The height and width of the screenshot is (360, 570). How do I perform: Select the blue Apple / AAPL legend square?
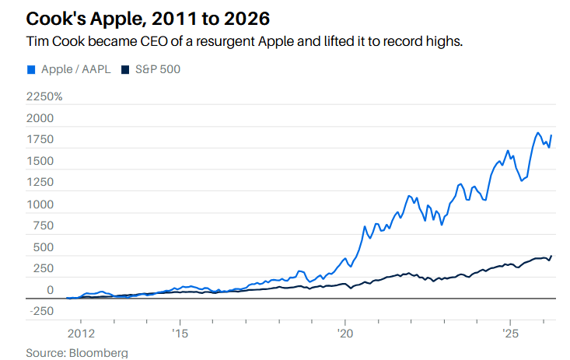pos(31,69)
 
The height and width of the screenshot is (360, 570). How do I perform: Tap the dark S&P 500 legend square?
pos(126,69)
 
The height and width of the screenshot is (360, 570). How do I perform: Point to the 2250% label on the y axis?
pos(44,97)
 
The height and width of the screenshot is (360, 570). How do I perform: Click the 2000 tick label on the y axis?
pos(40,118)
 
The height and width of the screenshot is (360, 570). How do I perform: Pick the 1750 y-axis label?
pos(40,140)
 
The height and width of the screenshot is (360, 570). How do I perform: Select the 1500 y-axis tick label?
pos(40,162)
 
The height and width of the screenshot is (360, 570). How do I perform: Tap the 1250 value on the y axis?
pos(40,183)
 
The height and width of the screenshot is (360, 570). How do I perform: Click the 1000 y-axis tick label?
pos(40,204)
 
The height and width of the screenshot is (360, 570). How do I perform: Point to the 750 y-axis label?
pos(43,226)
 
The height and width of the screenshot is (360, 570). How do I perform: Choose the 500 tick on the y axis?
pos(43,247)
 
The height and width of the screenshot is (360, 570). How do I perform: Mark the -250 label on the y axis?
pos(40,312)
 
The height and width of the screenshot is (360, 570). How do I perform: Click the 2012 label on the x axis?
pos(81,334)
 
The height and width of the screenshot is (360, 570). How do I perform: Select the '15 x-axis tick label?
pos(180,334)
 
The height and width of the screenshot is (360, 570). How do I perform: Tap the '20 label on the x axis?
pos(344,334)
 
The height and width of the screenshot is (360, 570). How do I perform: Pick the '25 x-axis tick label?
pos(509,334)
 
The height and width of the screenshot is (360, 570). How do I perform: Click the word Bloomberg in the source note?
pos(100,353)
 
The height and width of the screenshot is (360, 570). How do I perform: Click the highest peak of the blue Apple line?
pos(537,133)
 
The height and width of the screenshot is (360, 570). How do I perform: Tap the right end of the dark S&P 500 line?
pos(551,256)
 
